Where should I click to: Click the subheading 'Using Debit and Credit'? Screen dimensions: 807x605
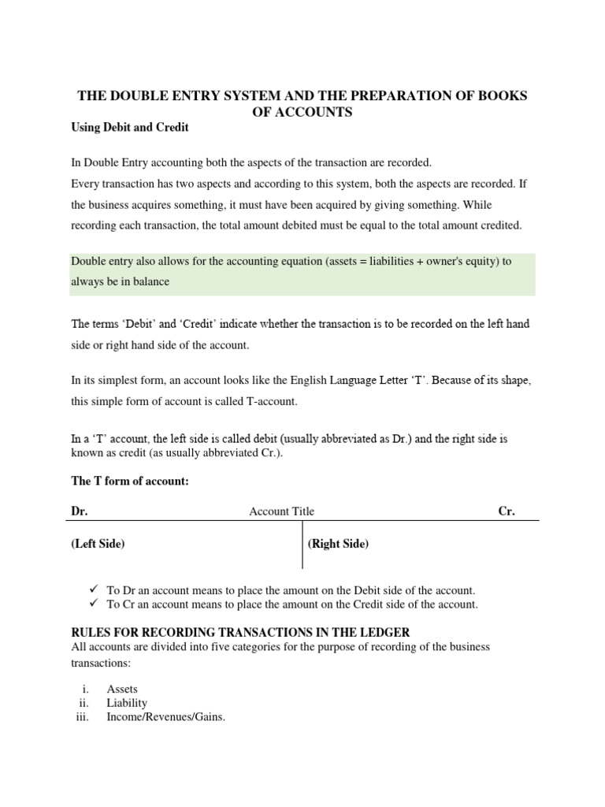(x=130, y=127)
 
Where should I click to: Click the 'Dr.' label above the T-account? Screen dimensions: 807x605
(x=80, y=511)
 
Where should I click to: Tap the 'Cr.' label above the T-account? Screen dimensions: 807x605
(x=507, y=511)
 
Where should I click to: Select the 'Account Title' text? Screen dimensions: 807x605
(x=281, y=511)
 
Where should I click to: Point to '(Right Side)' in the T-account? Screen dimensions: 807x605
(x=338, y=544)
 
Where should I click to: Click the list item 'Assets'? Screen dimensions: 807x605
(x=122, y=689)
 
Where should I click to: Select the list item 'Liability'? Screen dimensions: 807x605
(x=127, y=703)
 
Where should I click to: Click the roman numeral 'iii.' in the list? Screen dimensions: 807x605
(x=83, y=717)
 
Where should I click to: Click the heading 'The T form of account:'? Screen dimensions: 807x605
(x=130, y=482)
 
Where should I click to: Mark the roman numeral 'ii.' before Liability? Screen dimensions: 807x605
(x=84, y=703)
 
